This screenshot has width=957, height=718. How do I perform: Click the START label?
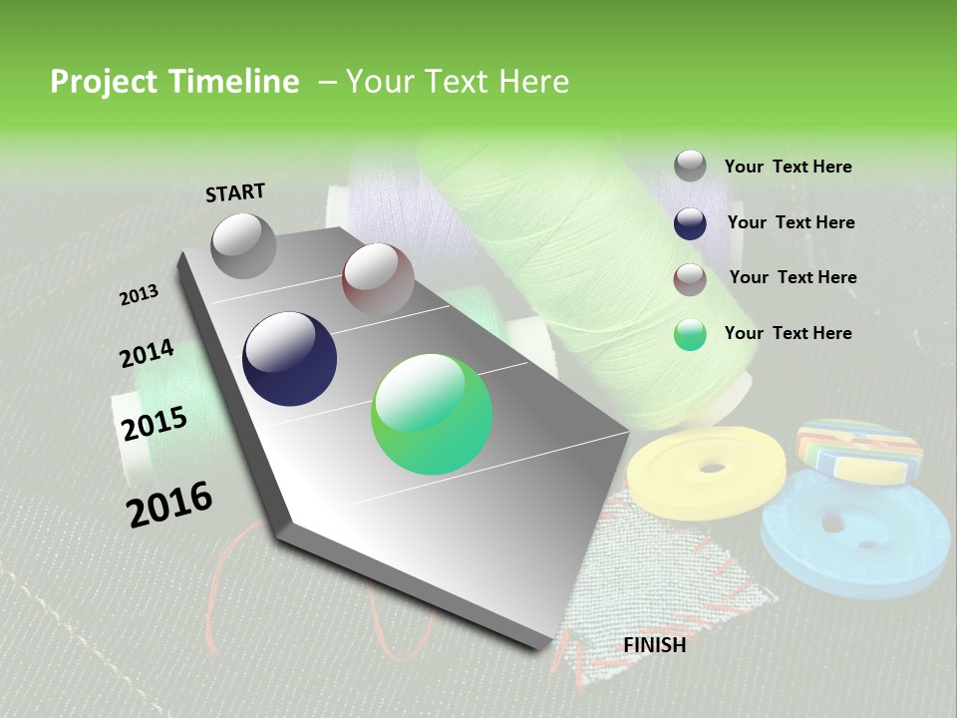235,192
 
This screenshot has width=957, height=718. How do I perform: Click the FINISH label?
654,645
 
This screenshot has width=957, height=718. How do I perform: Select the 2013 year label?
139,295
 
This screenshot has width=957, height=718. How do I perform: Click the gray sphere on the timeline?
243,245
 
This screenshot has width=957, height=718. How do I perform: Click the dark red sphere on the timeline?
378,279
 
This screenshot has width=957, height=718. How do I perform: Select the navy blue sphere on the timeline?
289,359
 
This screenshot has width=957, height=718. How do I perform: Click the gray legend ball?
690,166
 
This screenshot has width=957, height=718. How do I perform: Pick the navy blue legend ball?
690,223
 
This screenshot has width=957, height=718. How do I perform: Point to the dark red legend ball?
690,279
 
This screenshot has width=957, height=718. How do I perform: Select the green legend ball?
690,335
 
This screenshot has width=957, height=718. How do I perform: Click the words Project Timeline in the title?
174,82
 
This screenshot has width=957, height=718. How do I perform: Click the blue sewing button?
854,534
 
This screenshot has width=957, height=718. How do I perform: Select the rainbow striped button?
858,451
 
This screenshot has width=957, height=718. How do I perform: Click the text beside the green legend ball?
788,333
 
